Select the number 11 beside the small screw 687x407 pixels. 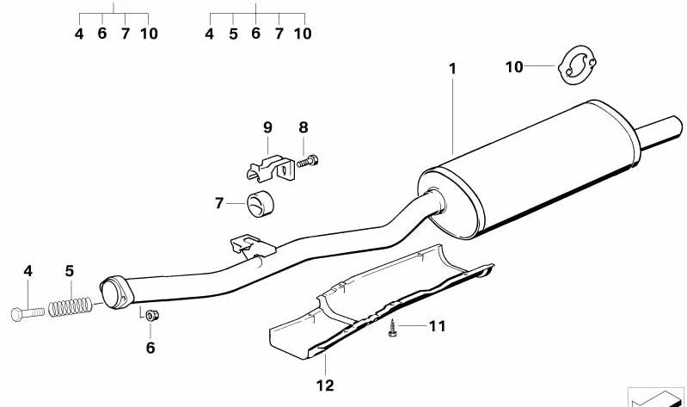click(439, 326)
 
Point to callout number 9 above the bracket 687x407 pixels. click(267, 127)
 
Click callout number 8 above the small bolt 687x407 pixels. click(303, 127)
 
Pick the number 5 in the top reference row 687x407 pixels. click(233, 34)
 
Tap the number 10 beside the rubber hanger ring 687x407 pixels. click(513, 66)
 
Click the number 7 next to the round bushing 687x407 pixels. click(219, 204)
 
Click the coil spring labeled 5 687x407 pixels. click(69, 304)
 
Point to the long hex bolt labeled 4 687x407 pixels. click(28, 312)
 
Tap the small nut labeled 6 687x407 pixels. click(150, 315)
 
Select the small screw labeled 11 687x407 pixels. click(393, 327)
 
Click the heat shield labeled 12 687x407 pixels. click(378, 301)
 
